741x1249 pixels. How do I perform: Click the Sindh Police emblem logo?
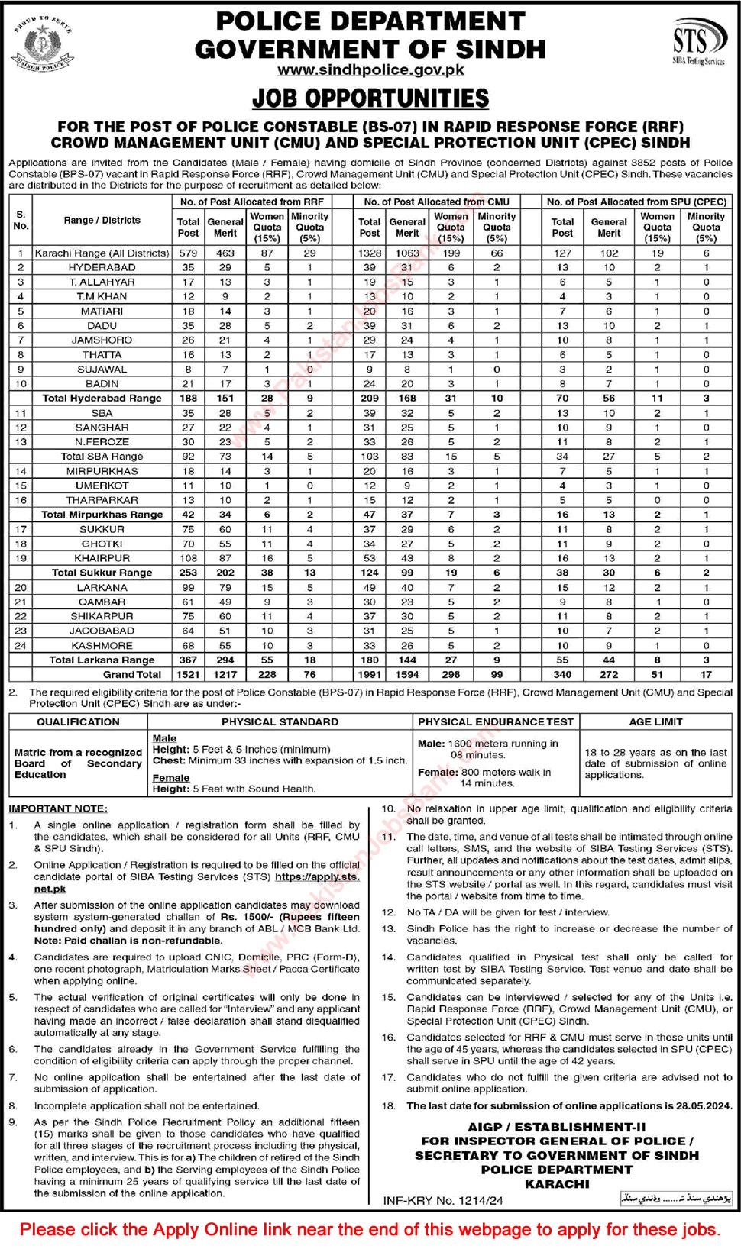click(x=42, y=43)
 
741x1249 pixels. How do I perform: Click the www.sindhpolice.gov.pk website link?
click(x=370, y=69)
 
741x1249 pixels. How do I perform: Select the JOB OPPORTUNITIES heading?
click(x=370, y=98)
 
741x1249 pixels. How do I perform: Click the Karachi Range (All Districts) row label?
click(x=102, y=253)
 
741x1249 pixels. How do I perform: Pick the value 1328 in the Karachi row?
click(x=370, y=253)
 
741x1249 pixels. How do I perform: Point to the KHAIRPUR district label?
click(x=102, y=558)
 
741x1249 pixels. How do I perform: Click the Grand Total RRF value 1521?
click(x=188, y=674)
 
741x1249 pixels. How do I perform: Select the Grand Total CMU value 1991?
click(x=370, y=674)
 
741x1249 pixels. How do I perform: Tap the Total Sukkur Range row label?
click(x=102, y=573)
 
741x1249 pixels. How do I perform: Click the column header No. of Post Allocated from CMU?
click(x=436, y=202)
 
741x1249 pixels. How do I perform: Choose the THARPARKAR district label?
click(x=102, y=500)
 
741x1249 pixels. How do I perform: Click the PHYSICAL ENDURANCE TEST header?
click(x=496, y=721)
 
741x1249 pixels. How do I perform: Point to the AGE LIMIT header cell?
click(x=655, y=721)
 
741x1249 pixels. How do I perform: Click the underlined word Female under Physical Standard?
click(x=170, y=777)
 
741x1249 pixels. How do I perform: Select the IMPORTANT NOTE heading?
click(x=58, y=808)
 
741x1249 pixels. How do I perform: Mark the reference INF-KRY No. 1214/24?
click(x=443, y=1200)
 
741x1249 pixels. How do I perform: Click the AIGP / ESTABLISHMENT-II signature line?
click(x=557, y=1127)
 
